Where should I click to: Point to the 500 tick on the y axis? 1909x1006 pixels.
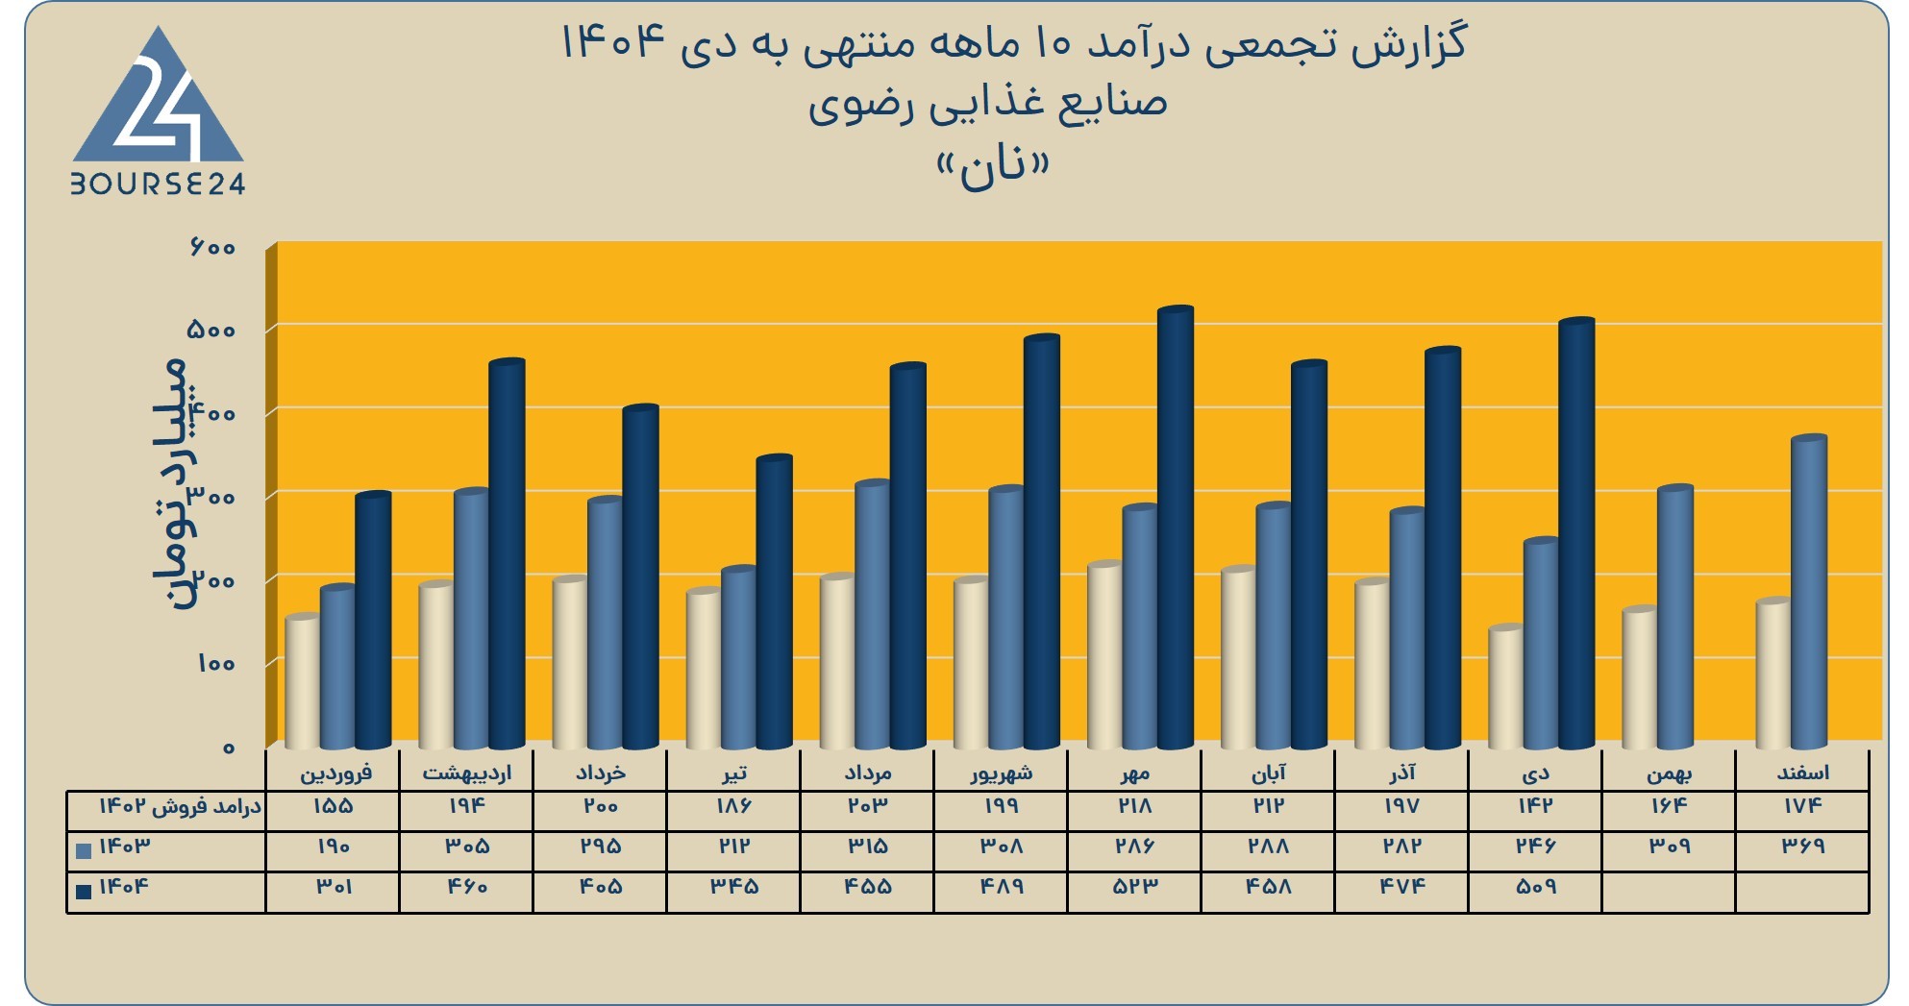tap(211, 330)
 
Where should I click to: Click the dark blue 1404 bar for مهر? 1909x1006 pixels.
tap(1176, 528)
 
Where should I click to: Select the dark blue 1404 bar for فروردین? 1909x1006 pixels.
tap(373, 620)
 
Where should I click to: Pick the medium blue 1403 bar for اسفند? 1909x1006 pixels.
tap(1809, 592)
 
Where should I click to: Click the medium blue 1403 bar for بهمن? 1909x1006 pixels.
tap(1675, 617)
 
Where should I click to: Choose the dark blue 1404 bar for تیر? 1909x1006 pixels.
tap(775, 601)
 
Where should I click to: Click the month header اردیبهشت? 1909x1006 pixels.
tap(467, 773)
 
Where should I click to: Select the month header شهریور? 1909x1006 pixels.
tap(1002, 773)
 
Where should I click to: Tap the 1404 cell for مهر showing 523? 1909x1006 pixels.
tap(1135, 887)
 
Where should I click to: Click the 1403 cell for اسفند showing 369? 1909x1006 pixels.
tap(1803, 847)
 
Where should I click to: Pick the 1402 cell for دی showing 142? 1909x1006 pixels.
tap(1536, 806)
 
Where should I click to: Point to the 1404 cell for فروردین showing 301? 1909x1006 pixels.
tap(334, 887)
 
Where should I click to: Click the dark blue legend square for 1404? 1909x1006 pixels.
tap(84, 891)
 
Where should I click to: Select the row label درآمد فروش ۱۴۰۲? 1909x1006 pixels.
tap(181, 806)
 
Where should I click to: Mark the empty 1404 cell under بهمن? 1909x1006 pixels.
tap(1669, 892)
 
